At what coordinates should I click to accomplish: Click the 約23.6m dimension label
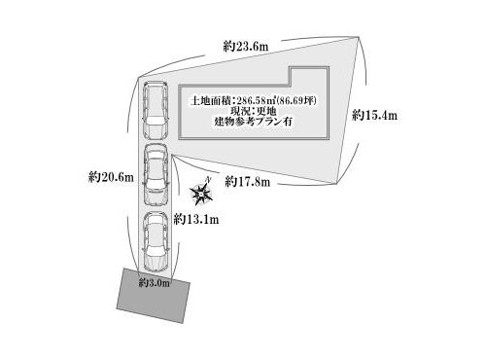tap(246, 47)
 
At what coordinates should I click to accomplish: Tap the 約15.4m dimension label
tap(374, 115)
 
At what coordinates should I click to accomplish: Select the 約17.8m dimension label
tap(248, 182)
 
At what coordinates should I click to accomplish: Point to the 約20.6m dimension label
tap(111, 177)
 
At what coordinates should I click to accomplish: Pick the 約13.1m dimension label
tap(196, 220)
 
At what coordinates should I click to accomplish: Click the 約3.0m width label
tap(155, 283)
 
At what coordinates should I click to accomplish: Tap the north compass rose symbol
tap(201, 194)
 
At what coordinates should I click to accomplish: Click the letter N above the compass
tap(209, 179)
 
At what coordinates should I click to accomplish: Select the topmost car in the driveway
tap(156, 110)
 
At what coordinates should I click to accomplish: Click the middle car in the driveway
tap(156, 174)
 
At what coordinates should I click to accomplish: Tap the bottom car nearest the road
tap(156, 242)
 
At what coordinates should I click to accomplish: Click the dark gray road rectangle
tap(154, 296)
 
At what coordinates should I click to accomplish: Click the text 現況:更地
tap(254, 111)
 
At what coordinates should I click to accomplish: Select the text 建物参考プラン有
tap(254, 122)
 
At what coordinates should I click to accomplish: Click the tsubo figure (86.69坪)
tap(296, 100)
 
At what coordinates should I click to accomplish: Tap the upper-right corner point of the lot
tap(359, 37)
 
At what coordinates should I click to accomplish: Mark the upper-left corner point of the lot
tap(139, 78)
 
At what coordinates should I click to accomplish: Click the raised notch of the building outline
tap(309, 76)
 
